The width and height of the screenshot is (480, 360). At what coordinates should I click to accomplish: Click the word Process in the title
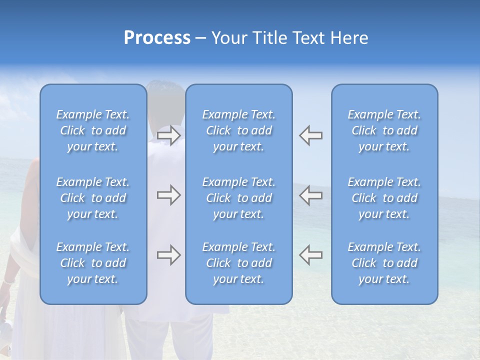tap(157, 38)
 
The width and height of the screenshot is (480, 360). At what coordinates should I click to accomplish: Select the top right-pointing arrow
tap(169, 135)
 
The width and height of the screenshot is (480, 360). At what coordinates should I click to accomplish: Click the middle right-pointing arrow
tap(169, 195)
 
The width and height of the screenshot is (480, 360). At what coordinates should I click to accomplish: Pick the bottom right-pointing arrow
tap(169, 255)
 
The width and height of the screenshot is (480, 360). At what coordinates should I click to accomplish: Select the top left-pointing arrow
tap(311, 135)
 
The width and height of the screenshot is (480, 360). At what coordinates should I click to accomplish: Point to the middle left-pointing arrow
tap(311, 195)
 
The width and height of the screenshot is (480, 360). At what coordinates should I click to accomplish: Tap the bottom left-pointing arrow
tap(311, 255)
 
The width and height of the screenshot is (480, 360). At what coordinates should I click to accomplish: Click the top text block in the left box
tap(93, 130)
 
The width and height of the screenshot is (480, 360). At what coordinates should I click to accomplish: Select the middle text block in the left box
tap(93, 198)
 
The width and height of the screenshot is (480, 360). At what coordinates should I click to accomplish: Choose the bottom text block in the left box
tap(93, 263)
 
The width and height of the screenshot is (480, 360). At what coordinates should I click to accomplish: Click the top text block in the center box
tap(239, 130)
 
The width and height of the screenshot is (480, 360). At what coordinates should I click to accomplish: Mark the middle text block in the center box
tap(239, 198)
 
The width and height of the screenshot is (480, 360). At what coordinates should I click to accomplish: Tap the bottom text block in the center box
tap(239, 263)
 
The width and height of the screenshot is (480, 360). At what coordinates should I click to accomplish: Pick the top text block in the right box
tap(384, 130)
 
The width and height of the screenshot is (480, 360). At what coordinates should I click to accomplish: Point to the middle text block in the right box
tap(384, 198)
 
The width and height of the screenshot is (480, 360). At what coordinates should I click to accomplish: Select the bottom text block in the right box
tap(384, 263)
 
